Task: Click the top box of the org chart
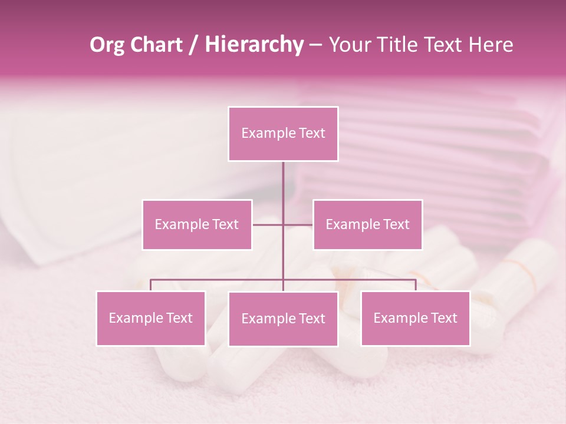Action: pyautogui.click(x=283, y=134)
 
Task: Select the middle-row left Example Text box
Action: pyautogui.click(x=197, y=224)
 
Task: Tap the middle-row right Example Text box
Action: pyautogui.click(x=367, y=224)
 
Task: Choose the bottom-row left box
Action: pyautogui.click(x=151, y=318)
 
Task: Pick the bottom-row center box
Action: pyautogui.click(x=283, y=319)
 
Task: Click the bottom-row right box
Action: pyautogui.click(x=415, y=318)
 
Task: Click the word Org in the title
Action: pyautogui.click(x=107, y=45)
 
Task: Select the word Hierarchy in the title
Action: pyautogui.click(x=254, y=45)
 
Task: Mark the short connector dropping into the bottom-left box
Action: pyautogui.click(x=151, y=285)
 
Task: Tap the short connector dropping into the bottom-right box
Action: pyautogui.click(x=416, y=285)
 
